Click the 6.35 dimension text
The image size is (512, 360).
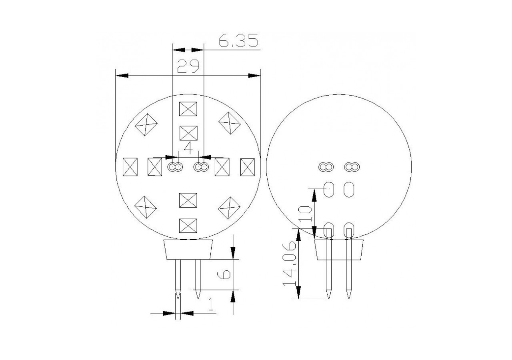pyautogui.click(x=238, y=41)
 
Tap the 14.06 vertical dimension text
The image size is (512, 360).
pyautogui.click(x=290, y=264)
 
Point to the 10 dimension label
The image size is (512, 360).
pyautogui.click(x=305, y=214)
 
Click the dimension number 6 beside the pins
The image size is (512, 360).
pyautogui.click(x=225, y=274)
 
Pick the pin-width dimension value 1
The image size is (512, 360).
pyautogui.click(x=211, y=305)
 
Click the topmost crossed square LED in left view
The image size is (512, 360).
pyautogui.click(x=188, y=109)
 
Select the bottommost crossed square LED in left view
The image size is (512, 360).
pyautogui.click(x=188, y=226)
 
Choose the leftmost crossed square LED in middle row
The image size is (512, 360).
pyautogui.click(x=130, y=167)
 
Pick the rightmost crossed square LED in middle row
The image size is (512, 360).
pyautogui.click(x=247, y=167)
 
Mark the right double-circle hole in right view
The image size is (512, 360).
pyautogui.click(x=352, y=166)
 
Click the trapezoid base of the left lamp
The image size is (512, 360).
pyautogui.click(x=188, y=250)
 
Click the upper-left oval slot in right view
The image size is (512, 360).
pyautogui.click(x=329, y=189)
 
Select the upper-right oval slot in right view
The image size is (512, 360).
pyautogui.click(x=349, y=189)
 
